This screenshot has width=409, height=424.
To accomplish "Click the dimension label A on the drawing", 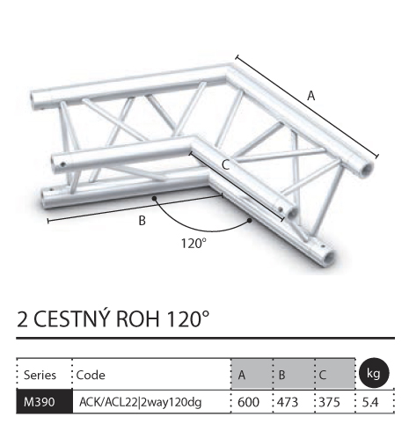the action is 310,96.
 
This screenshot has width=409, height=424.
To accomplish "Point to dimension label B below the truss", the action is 142,221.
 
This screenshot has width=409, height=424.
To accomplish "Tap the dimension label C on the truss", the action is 225,165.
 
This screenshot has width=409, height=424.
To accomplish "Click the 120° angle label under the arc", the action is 194,244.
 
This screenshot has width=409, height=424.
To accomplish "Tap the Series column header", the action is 40,375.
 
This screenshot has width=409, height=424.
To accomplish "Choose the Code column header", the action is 91,375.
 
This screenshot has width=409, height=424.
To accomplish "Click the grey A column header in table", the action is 242,375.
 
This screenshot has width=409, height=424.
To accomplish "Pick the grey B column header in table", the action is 281,375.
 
